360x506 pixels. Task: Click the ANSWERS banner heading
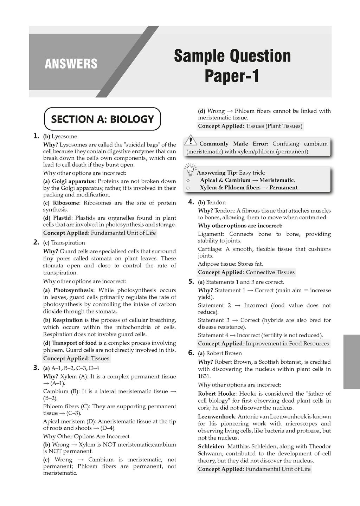(x=71, y=64)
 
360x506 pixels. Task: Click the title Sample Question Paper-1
(x=232, y=66)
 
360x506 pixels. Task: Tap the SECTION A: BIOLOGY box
(x=102, y=119)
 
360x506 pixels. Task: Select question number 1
(x=36, y=136)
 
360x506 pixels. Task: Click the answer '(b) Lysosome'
(x=60, y=136)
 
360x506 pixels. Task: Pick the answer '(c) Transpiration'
(x=64, y=242)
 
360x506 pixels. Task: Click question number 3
(x=36, y=368)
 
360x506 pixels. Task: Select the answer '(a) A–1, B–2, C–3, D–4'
(x=71, y=368)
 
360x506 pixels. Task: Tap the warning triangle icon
(x=191, y=140)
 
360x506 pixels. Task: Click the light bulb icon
(x=190, y=170)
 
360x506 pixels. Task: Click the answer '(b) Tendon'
(x=212, y=202)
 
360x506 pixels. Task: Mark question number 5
(x=191, y=281)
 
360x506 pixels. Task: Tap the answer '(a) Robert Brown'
(x=220, y=353)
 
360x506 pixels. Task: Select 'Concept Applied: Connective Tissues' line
(x=246, y=272)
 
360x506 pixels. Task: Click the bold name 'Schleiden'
(x=211, y=446)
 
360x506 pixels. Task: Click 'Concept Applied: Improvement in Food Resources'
(x=263, y=343)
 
